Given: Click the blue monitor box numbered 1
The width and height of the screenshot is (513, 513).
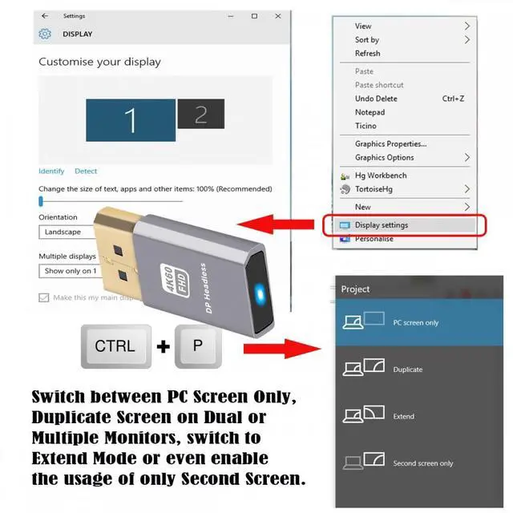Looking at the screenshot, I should pos(131,120).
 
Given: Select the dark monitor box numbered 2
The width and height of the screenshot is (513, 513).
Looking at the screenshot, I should pos(200,114).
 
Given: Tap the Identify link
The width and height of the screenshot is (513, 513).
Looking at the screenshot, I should pos(51,171).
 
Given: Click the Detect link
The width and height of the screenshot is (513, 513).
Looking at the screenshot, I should pos(86,171).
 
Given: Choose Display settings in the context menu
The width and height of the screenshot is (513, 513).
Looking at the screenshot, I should pos(382,225).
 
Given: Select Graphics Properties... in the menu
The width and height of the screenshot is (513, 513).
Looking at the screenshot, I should pos(391,144).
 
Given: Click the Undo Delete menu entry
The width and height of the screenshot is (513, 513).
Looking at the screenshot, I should pos(376,99).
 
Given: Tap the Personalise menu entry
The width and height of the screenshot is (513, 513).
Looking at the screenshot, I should pos(374,239).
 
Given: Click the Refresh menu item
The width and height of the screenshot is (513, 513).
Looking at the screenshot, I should pos(368,54).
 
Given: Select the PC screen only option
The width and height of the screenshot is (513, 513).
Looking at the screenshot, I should pos(416,322).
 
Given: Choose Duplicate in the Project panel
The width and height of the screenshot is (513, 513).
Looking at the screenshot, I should pos(407,370).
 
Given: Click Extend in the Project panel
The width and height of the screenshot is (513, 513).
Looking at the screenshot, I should pos(403,417).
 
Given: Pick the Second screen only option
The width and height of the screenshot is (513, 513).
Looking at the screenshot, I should pos(422,463).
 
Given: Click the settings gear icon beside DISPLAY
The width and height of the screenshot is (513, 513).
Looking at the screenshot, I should pos(45,34).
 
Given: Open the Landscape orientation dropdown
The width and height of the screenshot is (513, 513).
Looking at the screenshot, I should pos(68,232).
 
